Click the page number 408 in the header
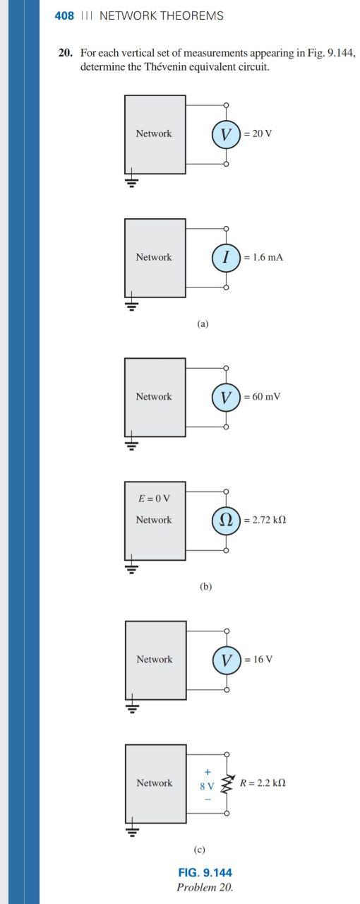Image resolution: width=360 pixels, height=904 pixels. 64,16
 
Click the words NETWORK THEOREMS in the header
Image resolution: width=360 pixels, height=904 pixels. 162,16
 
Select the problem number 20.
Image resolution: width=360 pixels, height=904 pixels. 65,54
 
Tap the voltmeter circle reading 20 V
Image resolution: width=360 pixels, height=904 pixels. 226,133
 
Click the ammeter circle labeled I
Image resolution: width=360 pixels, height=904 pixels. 226,258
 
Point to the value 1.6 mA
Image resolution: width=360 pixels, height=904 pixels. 263,258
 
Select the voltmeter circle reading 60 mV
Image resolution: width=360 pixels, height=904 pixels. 226,397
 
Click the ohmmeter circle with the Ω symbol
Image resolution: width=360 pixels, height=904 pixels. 226,521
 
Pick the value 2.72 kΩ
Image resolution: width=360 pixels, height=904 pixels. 265,521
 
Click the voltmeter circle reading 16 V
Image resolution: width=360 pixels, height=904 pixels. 226,660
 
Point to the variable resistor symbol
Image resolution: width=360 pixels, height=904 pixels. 226,783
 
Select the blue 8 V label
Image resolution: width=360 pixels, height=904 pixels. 207,785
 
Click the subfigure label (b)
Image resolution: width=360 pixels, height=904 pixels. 205,586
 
